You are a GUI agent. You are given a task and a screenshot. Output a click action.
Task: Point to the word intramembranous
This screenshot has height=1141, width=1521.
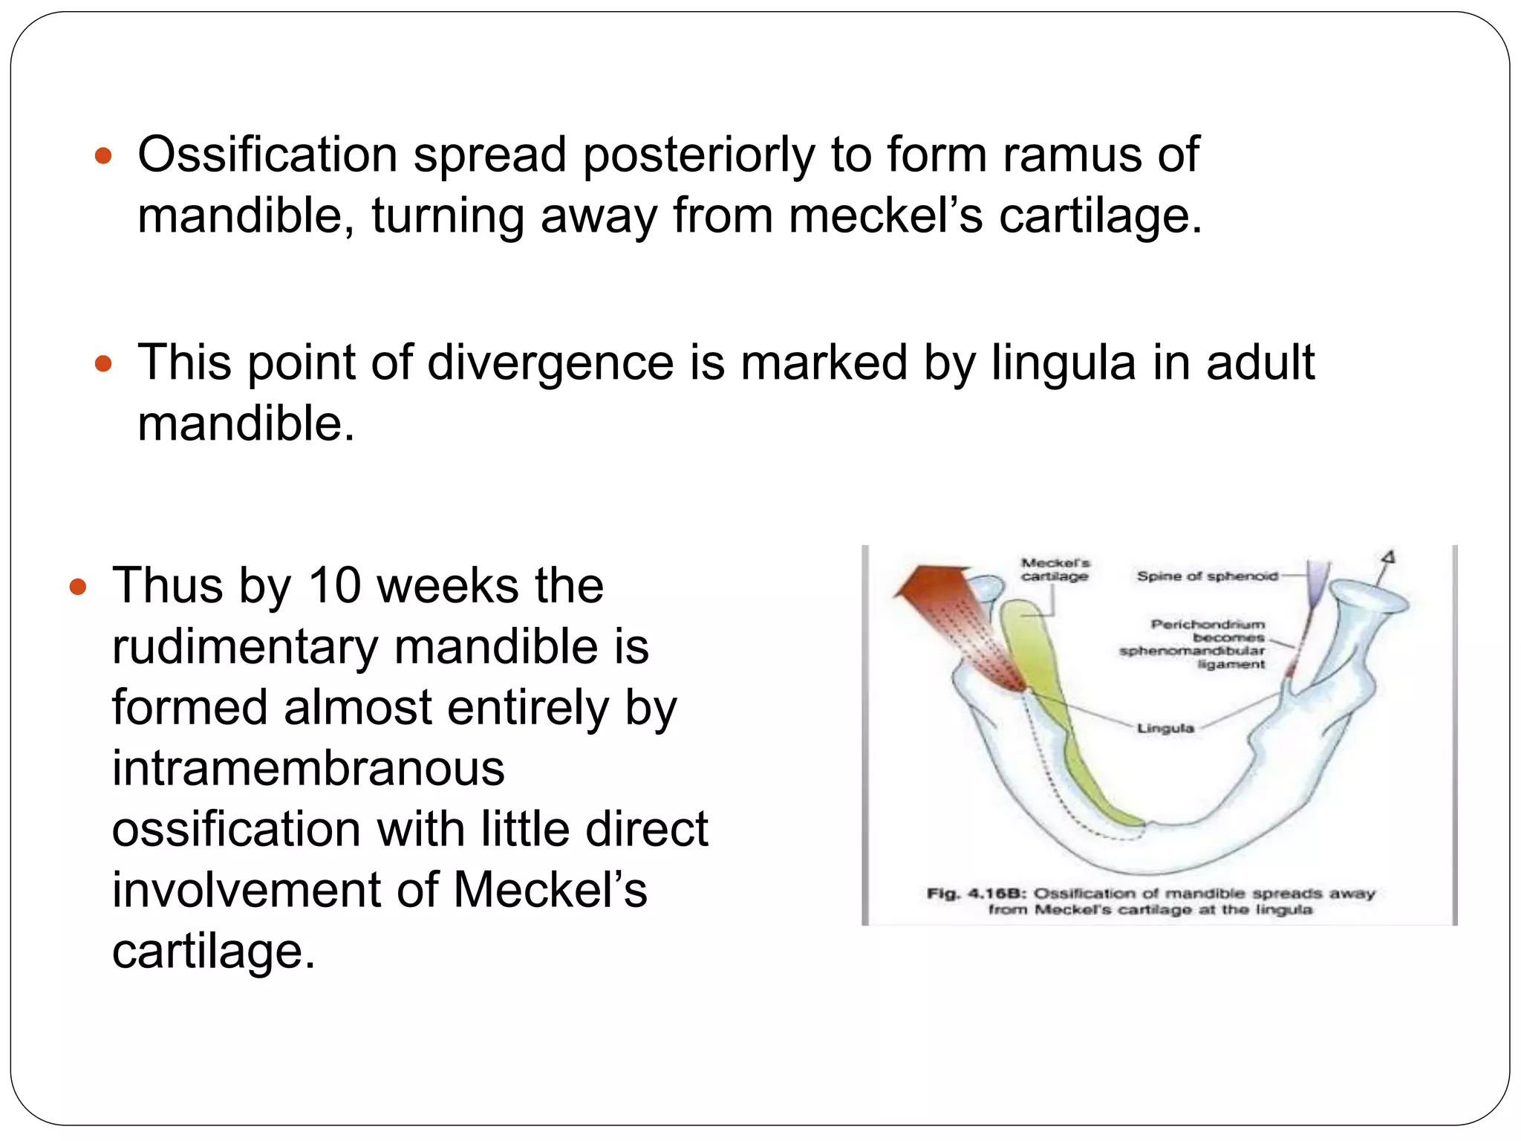click(308, 768)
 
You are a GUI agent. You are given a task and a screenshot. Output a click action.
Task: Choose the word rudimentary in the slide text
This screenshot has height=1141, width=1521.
click(245, 646)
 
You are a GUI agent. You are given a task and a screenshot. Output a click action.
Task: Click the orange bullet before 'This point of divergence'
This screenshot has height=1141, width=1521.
click(104, 364)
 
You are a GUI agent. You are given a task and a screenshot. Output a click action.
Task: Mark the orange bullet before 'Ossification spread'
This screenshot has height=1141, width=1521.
click(104, 157)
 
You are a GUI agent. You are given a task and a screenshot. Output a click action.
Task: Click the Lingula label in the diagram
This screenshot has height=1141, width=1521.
click(1165, 728)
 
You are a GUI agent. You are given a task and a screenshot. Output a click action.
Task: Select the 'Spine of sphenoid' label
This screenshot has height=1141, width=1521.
click(1207, 576)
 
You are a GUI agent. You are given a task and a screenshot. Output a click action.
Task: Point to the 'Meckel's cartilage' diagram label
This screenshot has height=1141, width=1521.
click(1055, 570)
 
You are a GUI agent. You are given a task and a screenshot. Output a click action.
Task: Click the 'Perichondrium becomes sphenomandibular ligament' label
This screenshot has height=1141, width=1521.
click(1207, 644)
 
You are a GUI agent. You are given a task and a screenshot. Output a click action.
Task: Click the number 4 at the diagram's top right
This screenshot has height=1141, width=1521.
click(1389, 558)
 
